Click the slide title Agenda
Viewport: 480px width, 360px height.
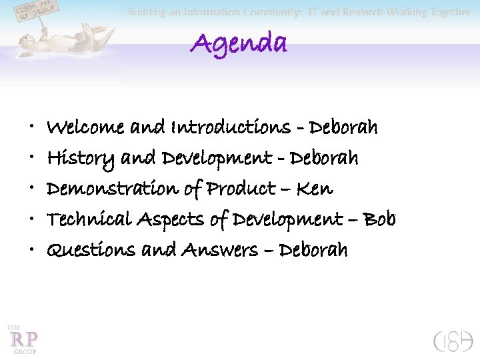pyautogui.click(x=239, y=44)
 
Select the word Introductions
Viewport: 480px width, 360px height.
pyautogui.click(x=231, y=127)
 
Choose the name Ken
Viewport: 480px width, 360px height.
pyautogui.click(x=314, y=189)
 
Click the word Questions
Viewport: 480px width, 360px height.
pyautogui.click(x=91, y=250)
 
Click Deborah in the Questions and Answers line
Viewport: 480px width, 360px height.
pyautogui.click(x=313, y=250)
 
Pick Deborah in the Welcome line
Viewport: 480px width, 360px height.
pyautogui.click(x=344, y=127)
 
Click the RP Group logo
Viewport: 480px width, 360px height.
pyautogui.click(x=23, y=339)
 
